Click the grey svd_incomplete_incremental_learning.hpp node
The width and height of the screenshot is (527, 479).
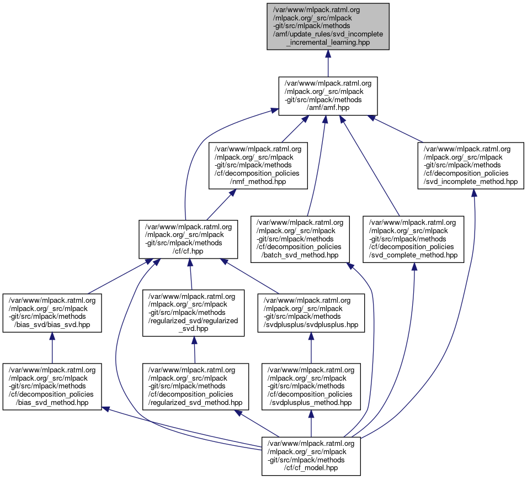[x=328, y=26]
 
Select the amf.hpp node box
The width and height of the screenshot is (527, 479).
[x=328, y=96]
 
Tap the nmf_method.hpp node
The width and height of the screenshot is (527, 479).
[x=258, y=165]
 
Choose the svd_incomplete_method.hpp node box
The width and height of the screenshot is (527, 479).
[x=473, y=165]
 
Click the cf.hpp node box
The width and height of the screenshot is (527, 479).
[x=188, y=239]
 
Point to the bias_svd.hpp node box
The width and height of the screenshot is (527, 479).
[x=52, y=313]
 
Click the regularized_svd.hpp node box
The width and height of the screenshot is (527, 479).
[x=194, y=313]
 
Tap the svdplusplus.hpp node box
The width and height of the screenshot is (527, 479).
[x=311, y=313]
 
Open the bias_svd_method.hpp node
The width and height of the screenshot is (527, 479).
[x=52, y=386]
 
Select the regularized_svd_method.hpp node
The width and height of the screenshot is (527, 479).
[x=194, y=386]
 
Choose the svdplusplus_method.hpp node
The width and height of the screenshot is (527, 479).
[x=311, y=386]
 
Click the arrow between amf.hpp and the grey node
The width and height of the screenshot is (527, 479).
[x=328, y=64]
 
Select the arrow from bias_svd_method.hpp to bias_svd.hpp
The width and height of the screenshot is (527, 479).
[x=52, y=348]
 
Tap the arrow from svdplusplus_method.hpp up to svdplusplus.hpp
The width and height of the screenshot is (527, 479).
[x=311, y=348]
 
